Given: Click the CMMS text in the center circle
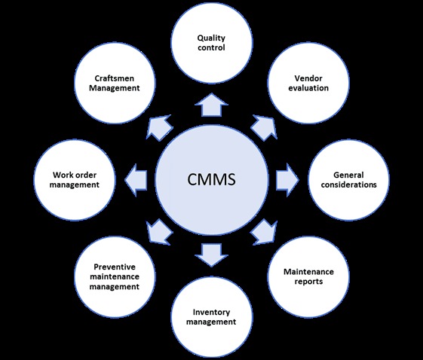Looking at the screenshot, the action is click(x=211, y=179).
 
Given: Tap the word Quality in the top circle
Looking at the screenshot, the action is click(x=211, y=38).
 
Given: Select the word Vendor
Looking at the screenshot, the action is click(x=308, y=78).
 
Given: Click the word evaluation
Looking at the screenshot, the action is click(x=308, y=88).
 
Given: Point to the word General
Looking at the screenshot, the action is click(x=348, y=175).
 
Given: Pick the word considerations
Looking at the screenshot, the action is click(x=348, y=185).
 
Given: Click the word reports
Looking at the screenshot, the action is click(x=308, y=282).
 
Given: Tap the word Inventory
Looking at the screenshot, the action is click(x=211, y=313).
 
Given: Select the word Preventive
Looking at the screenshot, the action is click(x=115, y=267).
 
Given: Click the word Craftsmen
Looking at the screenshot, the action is click(x=115, y=78).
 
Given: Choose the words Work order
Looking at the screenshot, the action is click(x=75, y=175).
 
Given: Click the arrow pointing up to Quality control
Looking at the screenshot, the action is click(x=211, y=105).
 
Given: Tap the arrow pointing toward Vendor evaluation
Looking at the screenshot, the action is click(x=265, y=128).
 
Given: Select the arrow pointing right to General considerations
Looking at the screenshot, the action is click(x=287, y=179).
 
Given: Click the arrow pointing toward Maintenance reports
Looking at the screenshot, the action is click(x=265, y=232).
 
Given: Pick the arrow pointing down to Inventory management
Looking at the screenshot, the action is click(x=211, y=255).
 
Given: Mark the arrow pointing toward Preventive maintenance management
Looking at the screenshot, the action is click(x=159, y=232).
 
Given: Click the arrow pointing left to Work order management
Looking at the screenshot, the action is click(x=136, y=179).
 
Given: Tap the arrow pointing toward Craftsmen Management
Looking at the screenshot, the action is click(x=159, y=128).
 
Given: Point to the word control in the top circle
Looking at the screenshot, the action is click(x=211, y=47).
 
